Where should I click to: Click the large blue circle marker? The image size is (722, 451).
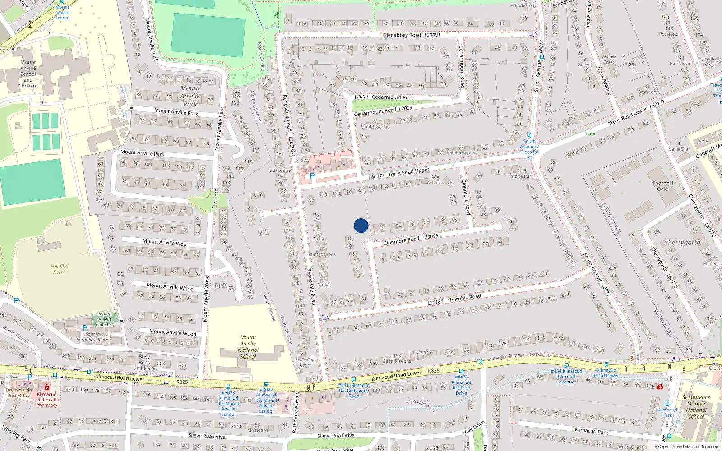pyautogui.click(x=361, y=225)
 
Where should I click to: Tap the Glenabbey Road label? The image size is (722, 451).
pyautogui.click(x=402, y=35)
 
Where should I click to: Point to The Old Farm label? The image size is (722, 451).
pyautogui.click(x=59, y=269)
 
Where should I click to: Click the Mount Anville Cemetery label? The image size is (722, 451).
pyautogui.click(x=106, y=319)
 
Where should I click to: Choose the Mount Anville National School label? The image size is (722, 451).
pyautogui.click(x=248, y=347)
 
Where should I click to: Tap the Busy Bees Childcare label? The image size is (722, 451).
pyautogui.click(x=144, y=362)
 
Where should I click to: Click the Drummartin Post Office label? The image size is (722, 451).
pyautogui.click(x=19, y=393)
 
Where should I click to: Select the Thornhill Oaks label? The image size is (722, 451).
pyautogui.click(x=663, y=186)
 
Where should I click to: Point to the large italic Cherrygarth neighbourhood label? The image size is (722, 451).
pyautogui.click(x=682, y=243)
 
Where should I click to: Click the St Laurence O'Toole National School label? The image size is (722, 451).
pyautogui.click(x=696, y=407)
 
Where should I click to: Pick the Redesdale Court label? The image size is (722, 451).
pyautogui.click(x=305, y=362)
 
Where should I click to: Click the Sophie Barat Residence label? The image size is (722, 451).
pyautogui.click(x=93, y=337)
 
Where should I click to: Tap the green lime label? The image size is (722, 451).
pyautogui.click(x=590, y=133)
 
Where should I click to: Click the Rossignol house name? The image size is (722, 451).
pyautogui.click(x=669, y=34)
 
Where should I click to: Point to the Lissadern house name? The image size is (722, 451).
pyautogui.click(x=280, y=170)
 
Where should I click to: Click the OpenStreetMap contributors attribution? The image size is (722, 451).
pyautogui.click(x=688, y=447)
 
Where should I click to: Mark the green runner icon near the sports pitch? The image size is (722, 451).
pyautogui.click(x=276, y=14)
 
